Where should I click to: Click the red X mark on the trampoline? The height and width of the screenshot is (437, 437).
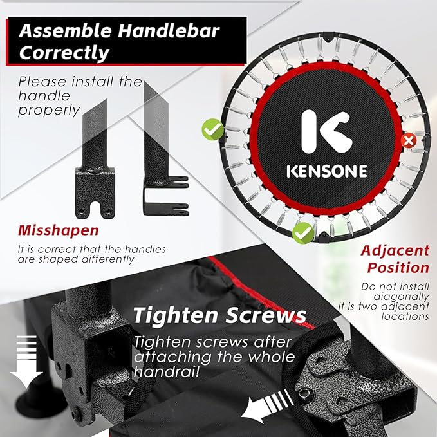409,140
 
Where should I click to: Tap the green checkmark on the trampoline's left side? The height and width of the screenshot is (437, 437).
212,129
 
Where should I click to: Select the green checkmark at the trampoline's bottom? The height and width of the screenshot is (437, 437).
303,233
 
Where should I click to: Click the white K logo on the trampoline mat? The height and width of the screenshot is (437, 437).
326,131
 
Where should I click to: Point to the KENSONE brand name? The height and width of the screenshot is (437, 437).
327,171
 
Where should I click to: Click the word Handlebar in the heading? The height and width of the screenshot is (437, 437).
169,31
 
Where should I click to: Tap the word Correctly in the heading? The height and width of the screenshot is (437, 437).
64,52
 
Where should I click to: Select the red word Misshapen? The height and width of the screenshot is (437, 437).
59,230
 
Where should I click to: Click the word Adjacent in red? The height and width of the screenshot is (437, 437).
395,250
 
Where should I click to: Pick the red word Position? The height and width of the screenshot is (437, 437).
398,268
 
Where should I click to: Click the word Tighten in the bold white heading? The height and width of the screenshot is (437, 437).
176,315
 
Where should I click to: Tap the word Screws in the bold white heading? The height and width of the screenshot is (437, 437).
266,315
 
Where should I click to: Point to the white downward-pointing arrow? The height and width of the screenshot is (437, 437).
26,362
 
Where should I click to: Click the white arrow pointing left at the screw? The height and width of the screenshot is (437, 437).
267,407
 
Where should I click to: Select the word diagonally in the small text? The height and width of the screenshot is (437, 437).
401,297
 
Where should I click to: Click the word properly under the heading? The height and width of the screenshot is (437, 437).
49,111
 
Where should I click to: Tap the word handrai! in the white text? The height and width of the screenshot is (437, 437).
167,371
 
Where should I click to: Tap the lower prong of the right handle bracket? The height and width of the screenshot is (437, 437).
166,210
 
